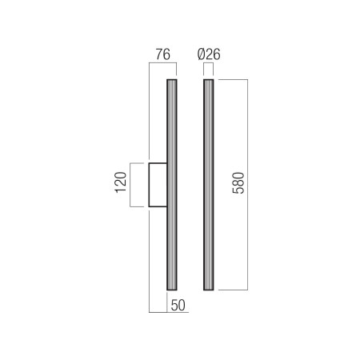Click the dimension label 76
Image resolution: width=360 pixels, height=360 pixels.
pyautogui.click(x=162, y=54)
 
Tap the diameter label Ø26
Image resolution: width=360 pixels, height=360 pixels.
pyautogui.click(x=209, y=54)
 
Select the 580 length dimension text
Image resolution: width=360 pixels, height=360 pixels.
pyautogui.click(x=238, y=183)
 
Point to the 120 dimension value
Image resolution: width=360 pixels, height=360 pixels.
pyautogui.click(x=121, y=182)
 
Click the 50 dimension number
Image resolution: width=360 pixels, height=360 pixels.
pyautogui.click(x=178, y=306)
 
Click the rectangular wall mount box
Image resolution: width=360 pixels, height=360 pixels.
pyautogui.click(x=158, y=185)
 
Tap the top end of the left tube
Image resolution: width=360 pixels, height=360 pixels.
pyautogui.click(x=172, y=79)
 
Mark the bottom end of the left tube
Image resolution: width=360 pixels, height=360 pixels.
pyautogui.click(x=172, y=290)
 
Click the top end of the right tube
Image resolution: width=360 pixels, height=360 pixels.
pyautogui.click(x=209, y=79)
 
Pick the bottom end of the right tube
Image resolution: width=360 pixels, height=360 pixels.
pyautogui.click(x=209, y=290)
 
